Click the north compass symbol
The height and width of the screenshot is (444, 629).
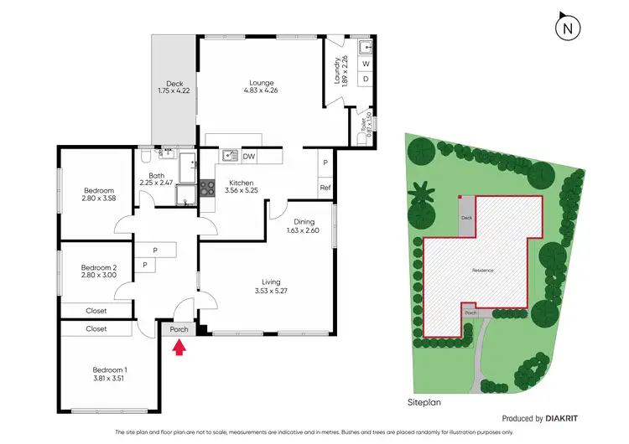569,28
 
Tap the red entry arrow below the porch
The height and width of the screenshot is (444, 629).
178,347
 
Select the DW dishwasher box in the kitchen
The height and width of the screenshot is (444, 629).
249,156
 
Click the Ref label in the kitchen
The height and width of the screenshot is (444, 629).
325,188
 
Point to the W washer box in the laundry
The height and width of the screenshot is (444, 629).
365,63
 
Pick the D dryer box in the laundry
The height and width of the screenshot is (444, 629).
365,79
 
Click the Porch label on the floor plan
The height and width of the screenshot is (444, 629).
179,329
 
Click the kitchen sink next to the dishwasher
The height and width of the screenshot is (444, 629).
229,156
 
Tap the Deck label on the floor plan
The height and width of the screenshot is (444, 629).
174,83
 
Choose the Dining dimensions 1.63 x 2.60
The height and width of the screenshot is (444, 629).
303,231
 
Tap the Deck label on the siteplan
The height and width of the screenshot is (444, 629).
466,219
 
